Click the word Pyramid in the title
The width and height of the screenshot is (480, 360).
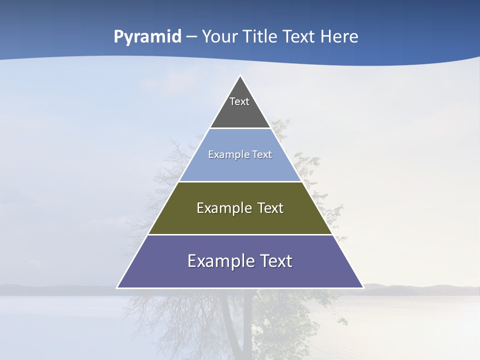147,37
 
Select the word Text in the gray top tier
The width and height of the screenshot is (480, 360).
239,101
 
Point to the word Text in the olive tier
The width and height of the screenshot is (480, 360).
270,208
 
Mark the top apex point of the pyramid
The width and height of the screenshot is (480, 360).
240,76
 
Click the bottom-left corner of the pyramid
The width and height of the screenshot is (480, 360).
117,287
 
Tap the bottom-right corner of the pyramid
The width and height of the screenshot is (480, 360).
363,287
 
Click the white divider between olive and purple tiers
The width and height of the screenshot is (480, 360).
240,234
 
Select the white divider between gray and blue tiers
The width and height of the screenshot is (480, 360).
240,128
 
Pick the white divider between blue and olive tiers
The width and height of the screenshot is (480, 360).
240,181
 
